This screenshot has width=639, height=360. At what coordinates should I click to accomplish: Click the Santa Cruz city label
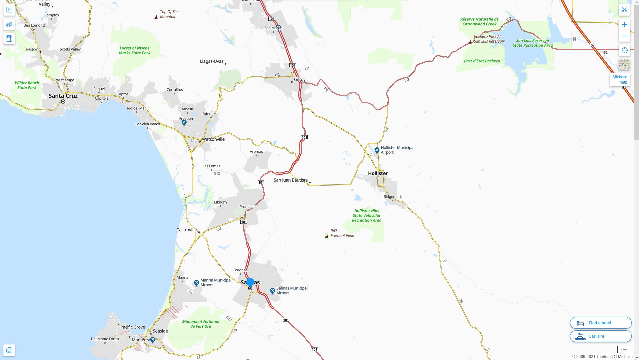(x=63, y=96)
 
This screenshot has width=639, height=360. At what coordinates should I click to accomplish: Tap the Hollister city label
(x=378, y=173)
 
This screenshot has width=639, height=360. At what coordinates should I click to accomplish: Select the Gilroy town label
(x=300, y=80)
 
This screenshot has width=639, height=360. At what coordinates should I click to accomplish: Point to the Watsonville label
(x=213, y=139)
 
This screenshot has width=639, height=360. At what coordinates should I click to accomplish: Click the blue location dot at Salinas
(x=250, y=282)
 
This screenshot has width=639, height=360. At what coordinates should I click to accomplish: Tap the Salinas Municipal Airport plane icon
(x=272, y=291)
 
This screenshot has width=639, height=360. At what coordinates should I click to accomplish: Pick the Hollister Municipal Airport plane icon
(x=377, y=150)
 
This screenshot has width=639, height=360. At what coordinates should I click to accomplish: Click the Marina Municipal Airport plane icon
(x=196, y=283)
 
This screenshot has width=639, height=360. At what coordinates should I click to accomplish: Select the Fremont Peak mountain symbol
(x=327, y=236)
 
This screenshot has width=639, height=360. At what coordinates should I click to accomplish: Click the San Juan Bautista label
(x=291, y=180)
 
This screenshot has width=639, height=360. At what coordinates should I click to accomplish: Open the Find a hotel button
(x=600, y=323)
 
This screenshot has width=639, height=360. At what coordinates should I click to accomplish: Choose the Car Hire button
(x=600, y=336)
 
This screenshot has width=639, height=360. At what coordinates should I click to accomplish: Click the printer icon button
(x=9, y=350)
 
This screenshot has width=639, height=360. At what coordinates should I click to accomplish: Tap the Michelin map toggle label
(x=620, y=80)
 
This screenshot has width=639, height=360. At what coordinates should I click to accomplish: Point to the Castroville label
(x=186, y=230)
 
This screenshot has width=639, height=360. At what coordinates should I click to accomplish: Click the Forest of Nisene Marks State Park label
(x=135, y=51)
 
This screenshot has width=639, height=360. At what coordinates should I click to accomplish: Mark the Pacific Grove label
(x=133, y=327)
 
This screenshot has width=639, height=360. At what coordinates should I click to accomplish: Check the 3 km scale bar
(x=625, y=349)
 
